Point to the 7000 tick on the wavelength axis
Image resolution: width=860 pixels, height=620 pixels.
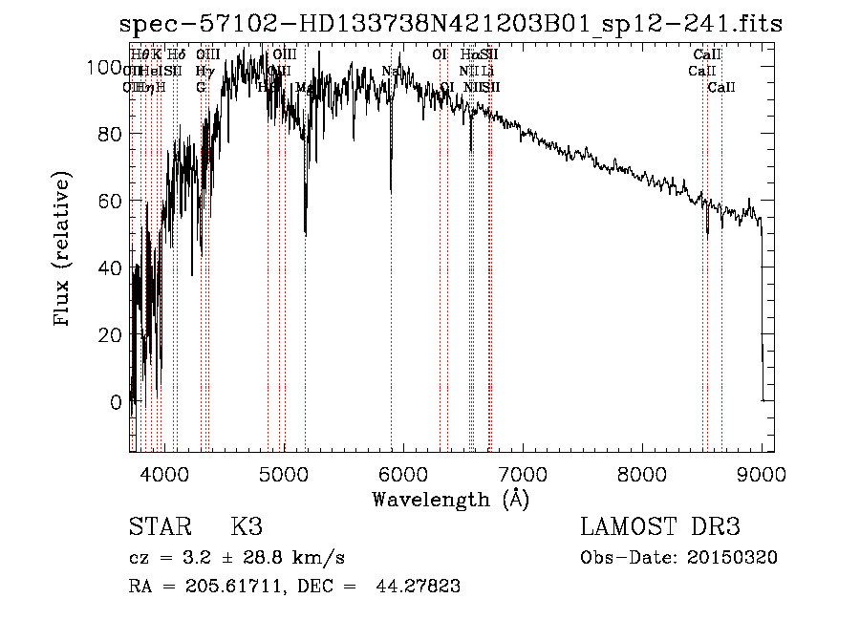click(523, 474)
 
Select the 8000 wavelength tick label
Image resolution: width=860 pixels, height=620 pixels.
click(642, 474)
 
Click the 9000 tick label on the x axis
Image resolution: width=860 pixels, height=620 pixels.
click(762, 474)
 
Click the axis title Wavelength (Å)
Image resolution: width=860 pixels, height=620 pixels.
click(450, 499)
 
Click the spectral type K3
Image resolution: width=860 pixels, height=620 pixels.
click(247, 527)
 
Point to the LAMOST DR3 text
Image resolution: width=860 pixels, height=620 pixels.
click(659, 527)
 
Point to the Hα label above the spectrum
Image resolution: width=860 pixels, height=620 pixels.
click(468, 54)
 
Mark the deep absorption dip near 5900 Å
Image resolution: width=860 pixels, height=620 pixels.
click(391, 186)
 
